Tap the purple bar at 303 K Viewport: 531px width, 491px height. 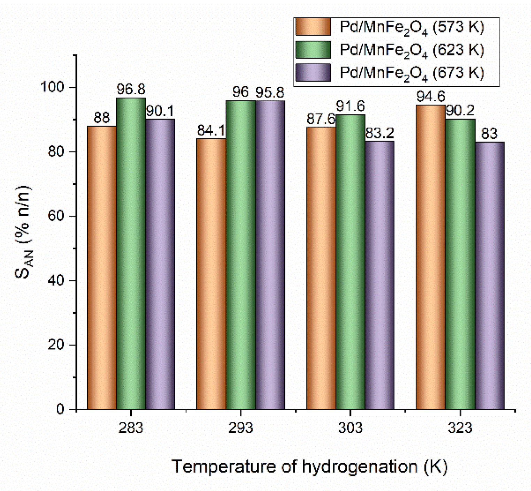[379, 275]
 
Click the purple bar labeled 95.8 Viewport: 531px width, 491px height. [270, 255]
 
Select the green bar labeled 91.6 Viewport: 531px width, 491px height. [350, 262]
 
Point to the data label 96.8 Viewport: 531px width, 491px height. [131, 90]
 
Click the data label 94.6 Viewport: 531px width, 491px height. [431, 97]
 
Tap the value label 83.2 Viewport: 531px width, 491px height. [379, 133]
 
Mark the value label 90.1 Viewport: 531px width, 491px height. [160, 111]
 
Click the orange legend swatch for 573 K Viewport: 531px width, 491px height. [313, 27]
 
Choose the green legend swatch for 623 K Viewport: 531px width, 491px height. [313, 50]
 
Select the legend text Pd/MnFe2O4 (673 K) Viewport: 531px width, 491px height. [411, 73]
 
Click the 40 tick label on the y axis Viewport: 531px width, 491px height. [56, 280]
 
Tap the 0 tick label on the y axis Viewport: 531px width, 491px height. [60, 409]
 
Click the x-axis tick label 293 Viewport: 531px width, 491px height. [240, 428]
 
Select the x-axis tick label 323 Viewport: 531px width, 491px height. [460, 428]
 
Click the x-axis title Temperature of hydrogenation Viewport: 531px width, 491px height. [309, 467]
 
